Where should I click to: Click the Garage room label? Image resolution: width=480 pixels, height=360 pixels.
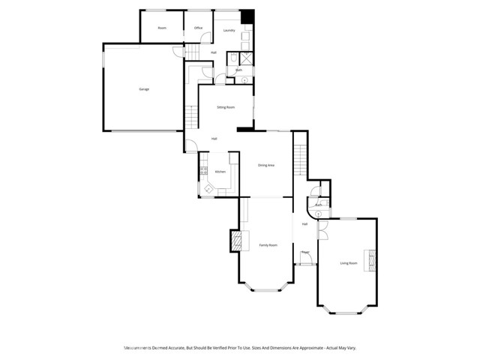143,89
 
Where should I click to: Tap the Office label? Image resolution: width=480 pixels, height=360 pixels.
199,28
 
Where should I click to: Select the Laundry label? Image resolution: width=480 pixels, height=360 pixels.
229,30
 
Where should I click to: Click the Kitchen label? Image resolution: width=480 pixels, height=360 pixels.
220,172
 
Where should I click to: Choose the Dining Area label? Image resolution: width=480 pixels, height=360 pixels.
265,165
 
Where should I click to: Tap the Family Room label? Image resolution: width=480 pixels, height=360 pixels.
268,245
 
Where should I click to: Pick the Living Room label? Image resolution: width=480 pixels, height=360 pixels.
349,262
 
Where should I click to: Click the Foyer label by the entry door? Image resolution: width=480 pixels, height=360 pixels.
305,253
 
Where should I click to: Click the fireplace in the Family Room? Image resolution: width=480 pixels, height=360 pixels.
236,240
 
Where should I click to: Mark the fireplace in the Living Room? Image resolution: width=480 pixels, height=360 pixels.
369,261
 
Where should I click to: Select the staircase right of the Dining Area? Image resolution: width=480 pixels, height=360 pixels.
300,159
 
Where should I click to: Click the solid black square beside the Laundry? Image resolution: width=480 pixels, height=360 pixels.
247,16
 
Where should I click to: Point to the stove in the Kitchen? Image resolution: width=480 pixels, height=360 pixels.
202,173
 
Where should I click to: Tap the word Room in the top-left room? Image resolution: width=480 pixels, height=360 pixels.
162,28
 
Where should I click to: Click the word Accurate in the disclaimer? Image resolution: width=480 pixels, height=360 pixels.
177,348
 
